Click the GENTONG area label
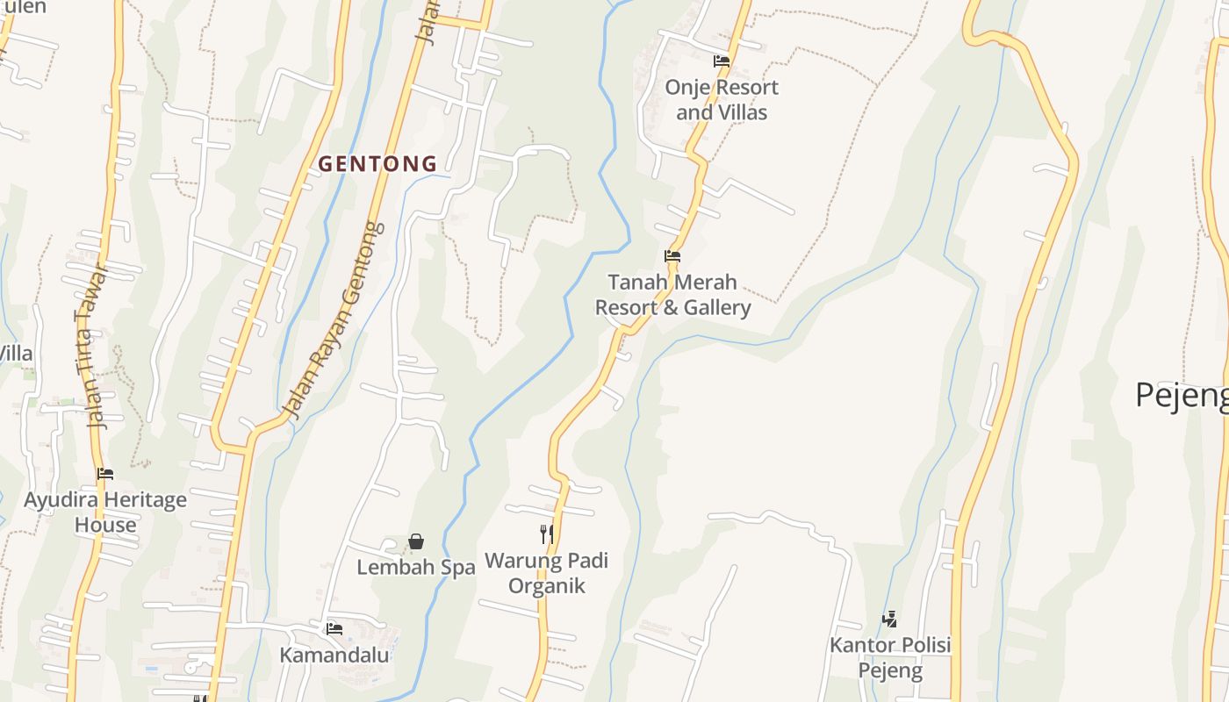click(x=377, y=163)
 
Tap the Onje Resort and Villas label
click(x=722, y=100)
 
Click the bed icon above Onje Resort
click(x=722, y=61)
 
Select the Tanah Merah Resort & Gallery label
click(x=672, y=295)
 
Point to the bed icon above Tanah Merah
click(x=672, y=256)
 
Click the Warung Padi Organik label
click(x=546, y=573)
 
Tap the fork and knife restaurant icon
click(x=546, y=534)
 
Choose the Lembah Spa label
click(x=416, y=568)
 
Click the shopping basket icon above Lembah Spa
click(x=416, y=542)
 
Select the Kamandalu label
click(x=334, y=655)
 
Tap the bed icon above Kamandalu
click(x=334, y=628)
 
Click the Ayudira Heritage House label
click(x=105, y=512)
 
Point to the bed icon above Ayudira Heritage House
click(x=105, y=474)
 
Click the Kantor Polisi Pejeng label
click(x=890, y=658)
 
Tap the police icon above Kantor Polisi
click(x=889, y=620)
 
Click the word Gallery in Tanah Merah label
click(x=719, y=308)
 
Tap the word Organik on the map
click(x=546, y=586)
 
